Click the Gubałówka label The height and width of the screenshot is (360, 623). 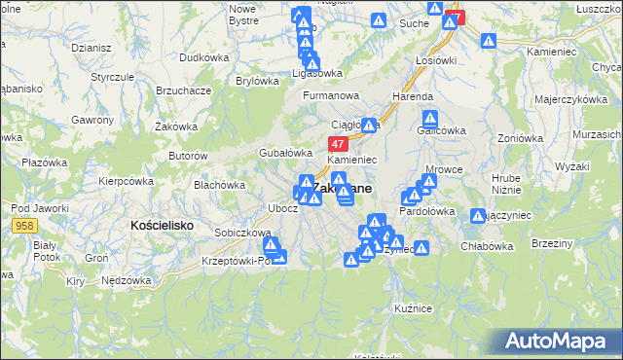coord(284,153)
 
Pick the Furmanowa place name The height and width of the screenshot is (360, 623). coord(331,96)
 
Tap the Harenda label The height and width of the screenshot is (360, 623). coord(412,97)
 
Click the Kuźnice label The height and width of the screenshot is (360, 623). coord(414,307)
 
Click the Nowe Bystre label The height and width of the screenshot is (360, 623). coord(242,14)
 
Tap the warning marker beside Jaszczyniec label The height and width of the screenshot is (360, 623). coord(478,217)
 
